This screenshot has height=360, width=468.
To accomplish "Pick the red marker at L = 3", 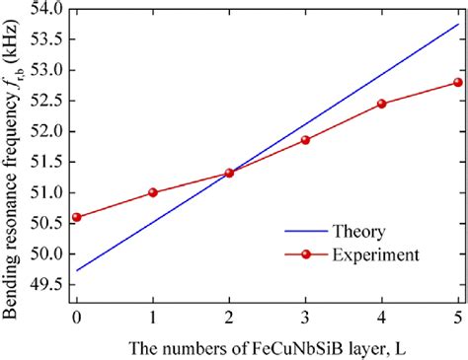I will (x=305, y=140).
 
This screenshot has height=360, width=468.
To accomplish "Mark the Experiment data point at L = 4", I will (x=381, y=104).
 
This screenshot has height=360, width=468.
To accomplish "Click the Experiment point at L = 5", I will (x=457, y=82).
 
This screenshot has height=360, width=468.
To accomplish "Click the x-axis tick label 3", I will (x=305, y=319).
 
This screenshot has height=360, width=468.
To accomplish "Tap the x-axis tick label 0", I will (x=76, y=319).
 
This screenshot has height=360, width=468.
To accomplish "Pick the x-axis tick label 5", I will (x=457, y=319).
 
